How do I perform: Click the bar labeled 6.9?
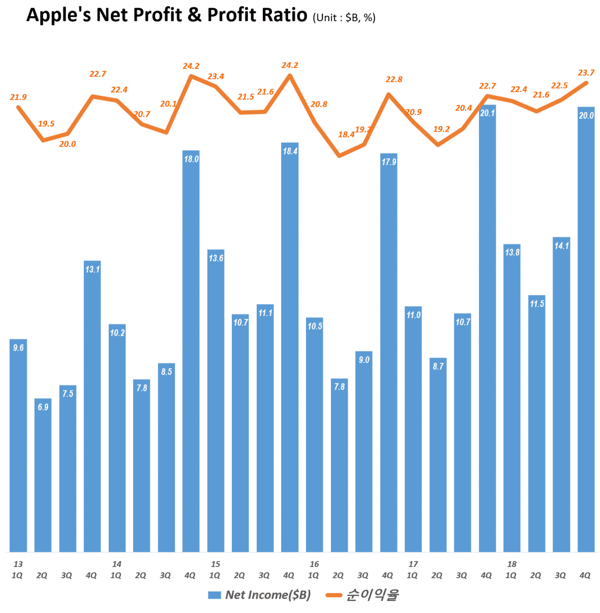[x=43, y=474]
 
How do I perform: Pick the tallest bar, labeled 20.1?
[x=487, y=328]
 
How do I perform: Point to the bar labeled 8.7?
[x=438, y=454]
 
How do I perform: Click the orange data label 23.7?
[x=586, y=73]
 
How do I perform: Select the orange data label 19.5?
[x=46, y=124]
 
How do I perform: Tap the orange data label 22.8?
[x=394, y=79]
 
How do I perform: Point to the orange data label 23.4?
[x=216, y=77]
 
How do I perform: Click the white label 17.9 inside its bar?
[x=389, y=162]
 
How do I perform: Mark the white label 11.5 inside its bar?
[x=537, y=304]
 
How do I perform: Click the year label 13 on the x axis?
[x=18, y=564]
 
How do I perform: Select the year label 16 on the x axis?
[x=314, y=564]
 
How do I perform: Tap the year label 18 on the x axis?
[x=512, y=564]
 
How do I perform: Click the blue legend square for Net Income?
[x=214, y=595]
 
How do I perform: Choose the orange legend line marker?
[x=334, y=595]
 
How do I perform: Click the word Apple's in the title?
[x=58, y=15]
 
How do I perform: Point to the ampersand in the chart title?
[x=194, y=15]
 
